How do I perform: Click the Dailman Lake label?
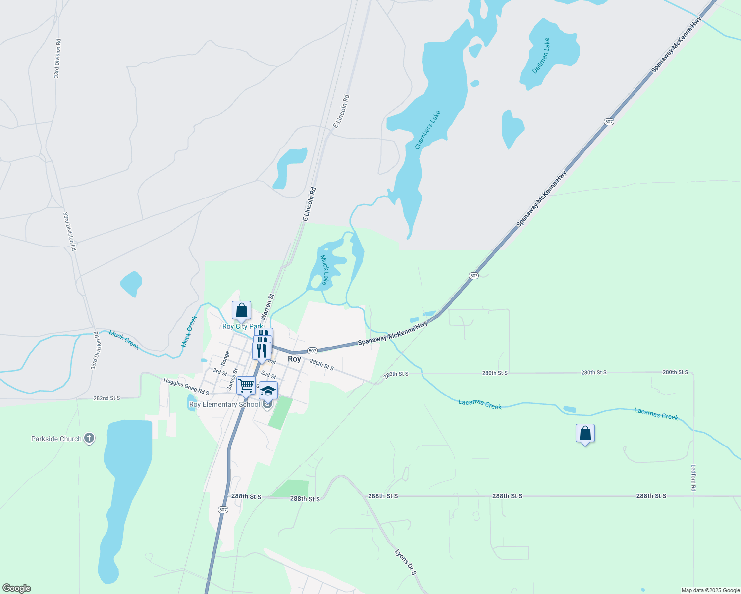(x=541, y=55)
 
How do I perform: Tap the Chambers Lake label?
(x=427, y=130)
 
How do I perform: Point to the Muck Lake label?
(x=325, y=270)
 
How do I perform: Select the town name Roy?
(x=294, y=359)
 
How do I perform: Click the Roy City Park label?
(x=243, y=326)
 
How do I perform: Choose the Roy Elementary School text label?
(x=224, y=404)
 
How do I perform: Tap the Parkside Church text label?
(x=56, y=439)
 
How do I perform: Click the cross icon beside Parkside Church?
(x=89, y=438)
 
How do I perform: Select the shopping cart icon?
(x=246, y=385)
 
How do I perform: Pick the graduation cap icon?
(x=268, y=391)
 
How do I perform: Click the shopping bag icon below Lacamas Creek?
(x=585, y=434)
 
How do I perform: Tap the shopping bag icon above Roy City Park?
(x=241, y=311)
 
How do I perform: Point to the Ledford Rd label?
(x=693, y=478)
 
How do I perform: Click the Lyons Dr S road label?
(x=406, y=561)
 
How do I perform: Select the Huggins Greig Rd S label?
(x=186, y=386)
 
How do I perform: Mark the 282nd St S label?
(x=106, y=398)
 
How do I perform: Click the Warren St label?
(x=267, y=306)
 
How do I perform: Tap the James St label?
(x=233, y=379)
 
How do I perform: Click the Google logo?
(x=16, y=588)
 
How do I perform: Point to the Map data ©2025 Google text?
(x=710, y=590)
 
